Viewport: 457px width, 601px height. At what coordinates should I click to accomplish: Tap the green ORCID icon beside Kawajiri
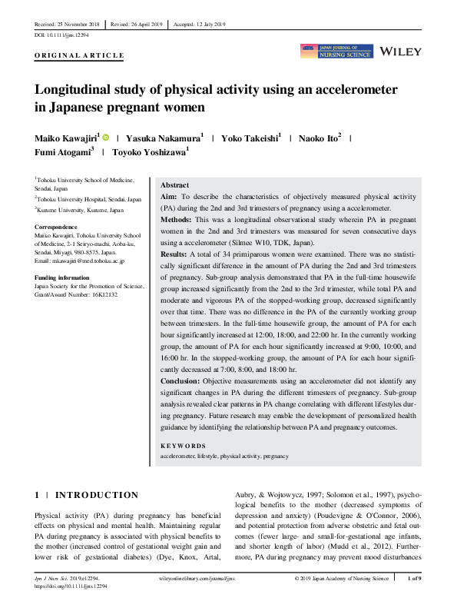[x=105, y=137]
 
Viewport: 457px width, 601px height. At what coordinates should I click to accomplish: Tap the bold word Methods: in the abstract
[x=176, y=219]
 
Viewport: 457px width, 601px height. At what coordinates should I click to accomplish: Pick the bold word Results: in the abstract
[x=174, y=253]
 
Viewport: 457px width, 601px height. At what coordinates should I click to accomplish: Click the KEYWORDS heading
[x=182, y=446]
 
